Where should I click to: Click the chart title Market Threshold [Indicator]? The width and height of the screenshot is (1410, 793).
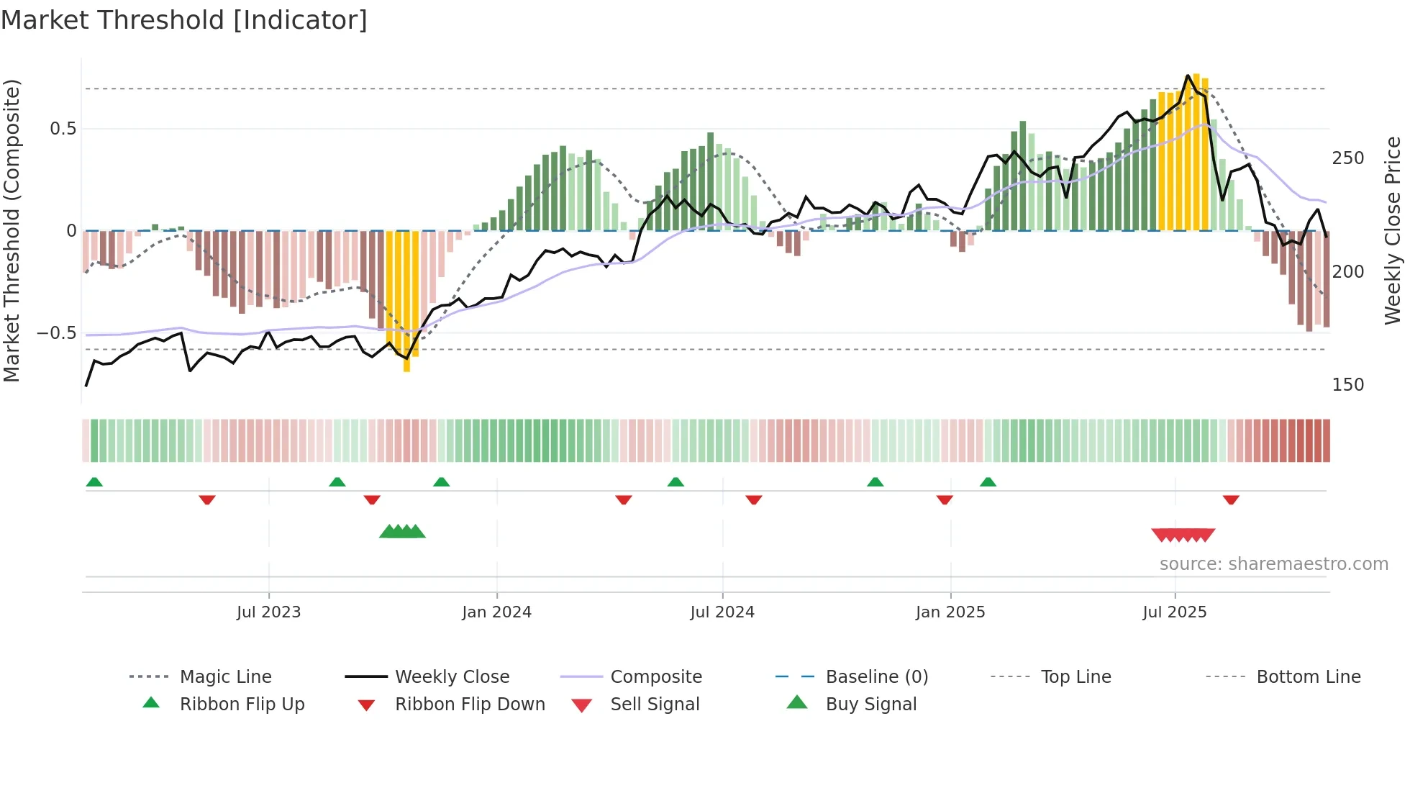(x=184, y=20)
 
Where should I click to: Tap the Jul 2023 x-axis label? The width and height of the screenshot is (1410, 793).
(x=268, y=612)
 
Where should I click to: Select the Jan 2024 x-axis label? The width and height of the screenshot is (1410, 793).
(x=496, y=612)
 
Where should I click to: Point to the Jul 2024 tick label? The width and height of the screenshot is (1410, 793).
(x=722, y=612)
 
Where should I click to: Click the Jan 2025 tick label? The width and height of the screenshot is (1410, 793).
(x=950, y=612)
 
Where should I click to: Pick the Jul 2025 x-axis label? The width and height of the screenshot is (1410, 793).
(x=1175, y=612)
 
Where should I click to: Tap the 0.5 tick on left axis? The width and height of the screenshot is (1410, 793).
(x=63, y=129)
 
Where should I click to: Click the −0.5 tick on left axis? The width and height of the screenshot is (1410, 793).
(x=57, y=333)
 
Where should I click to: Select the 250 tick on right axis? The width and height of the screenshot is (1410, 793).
(x=1347, y=158)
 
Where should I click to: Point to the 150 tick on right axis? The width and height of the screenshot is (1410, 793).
(x=1347, y=385)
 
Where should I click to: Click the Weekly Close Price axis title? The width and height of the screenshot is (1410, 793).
(x=1393, y=230)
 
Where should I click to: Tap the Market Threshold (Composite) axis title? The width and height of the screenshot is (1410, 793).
(x=12, y=230)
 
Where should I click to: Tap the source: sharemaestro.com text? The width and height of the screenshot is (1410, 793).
(x=1273, y=564)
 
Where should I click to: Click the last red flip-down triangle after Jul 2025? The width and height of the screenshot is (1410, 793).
(x=1231, y=499)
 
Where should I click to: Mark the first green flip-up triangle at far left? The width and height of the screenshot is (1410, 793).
(x=94, y=482)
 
